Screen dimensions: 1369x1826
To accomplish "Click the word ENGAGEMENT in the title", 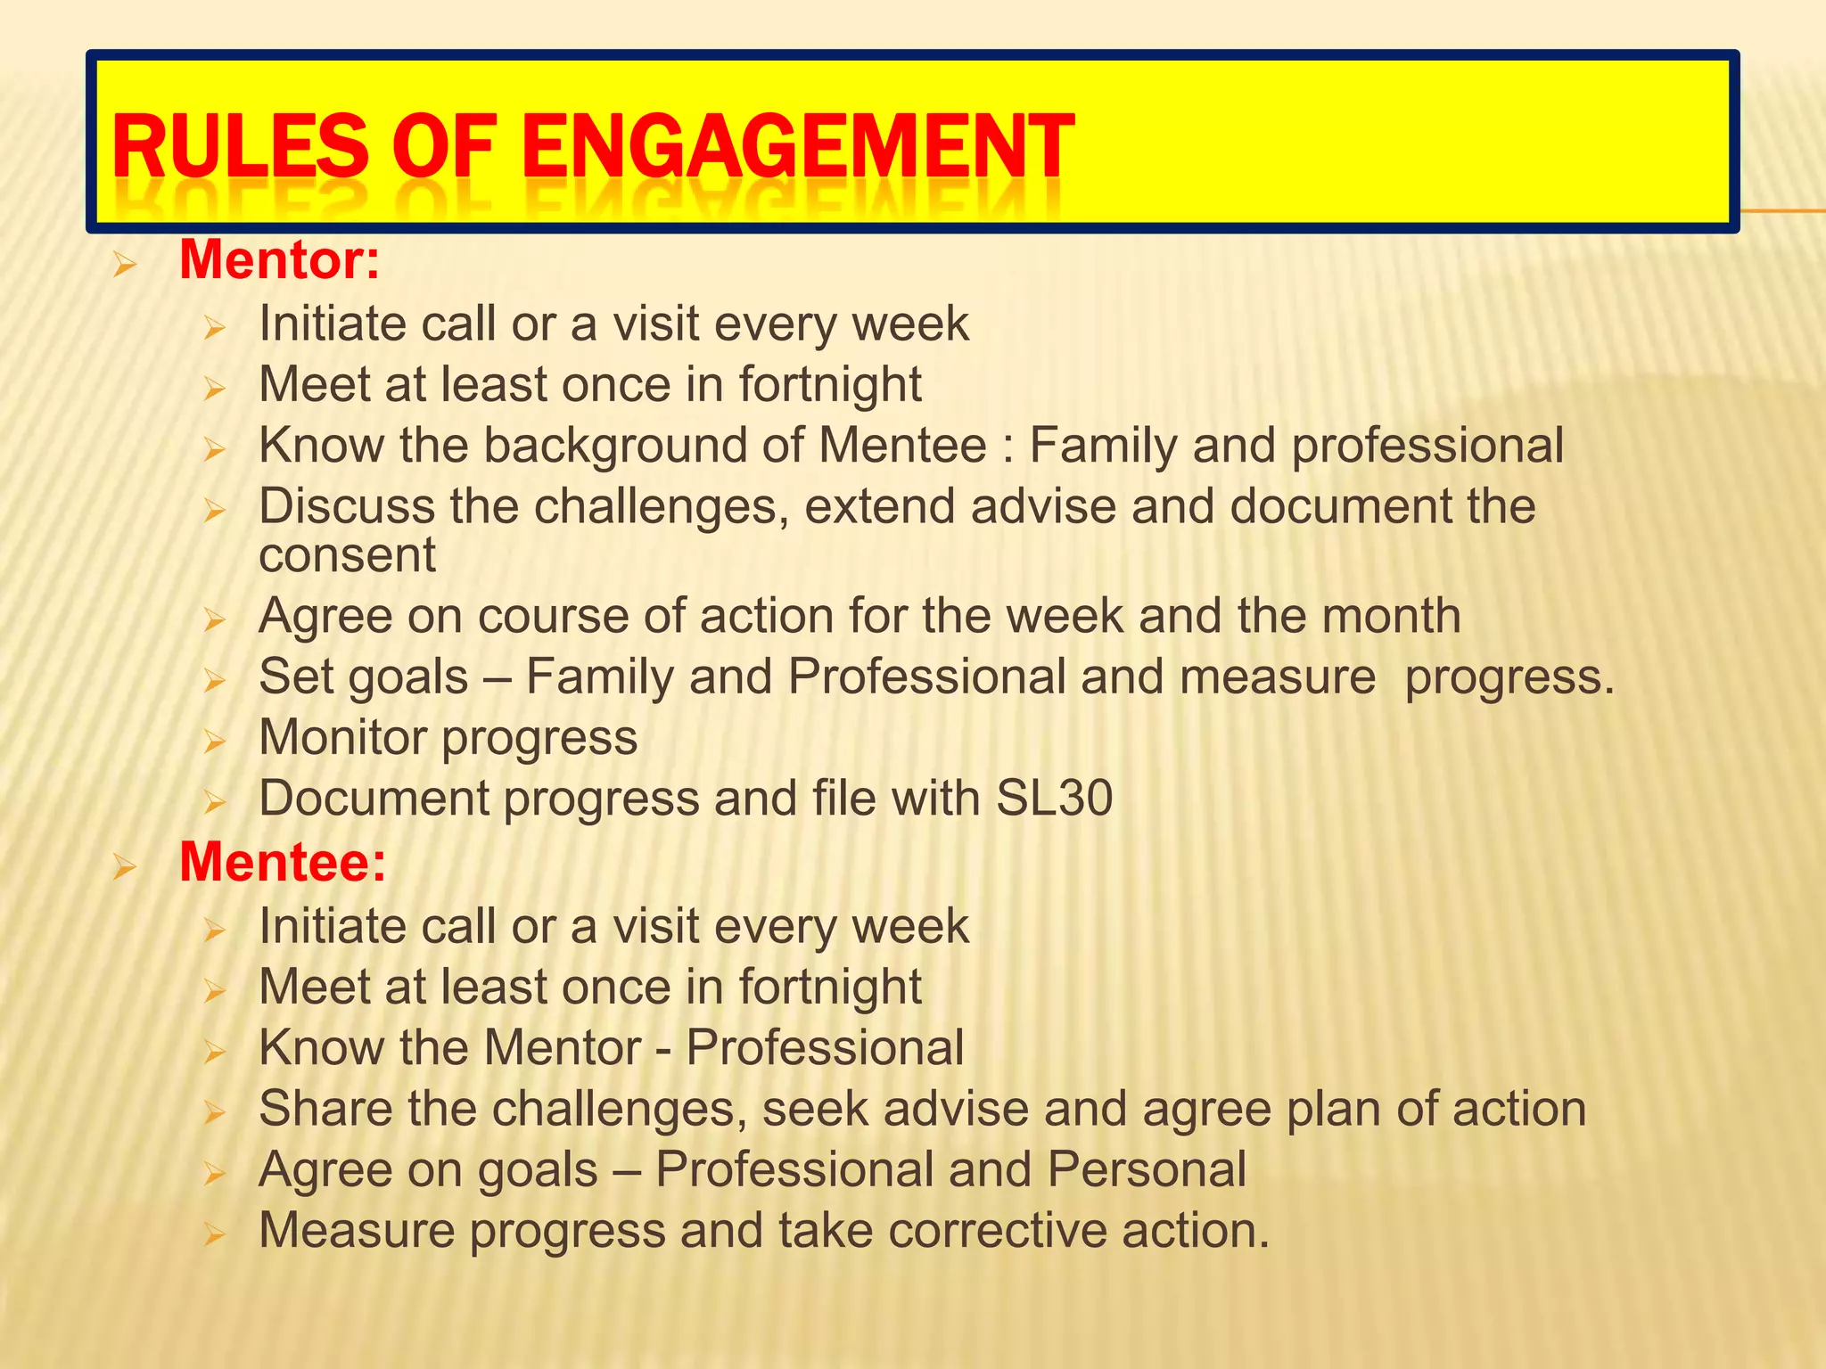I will [798, 147].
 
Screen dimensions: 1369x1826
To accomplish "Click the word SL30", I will [1054, 798].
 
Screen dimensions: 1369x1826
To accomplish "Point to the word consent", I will [348, 555].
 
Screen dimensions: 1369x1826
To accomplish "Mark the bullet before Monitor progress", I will [214, 742].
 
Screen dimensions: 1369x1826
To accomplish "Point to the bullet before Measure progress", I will [214, 1234].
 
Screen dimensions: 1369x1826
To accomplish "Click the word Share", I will [325, 1109].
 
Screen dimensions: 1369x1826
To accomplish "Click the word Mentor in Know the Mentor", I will [563, 1047].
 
